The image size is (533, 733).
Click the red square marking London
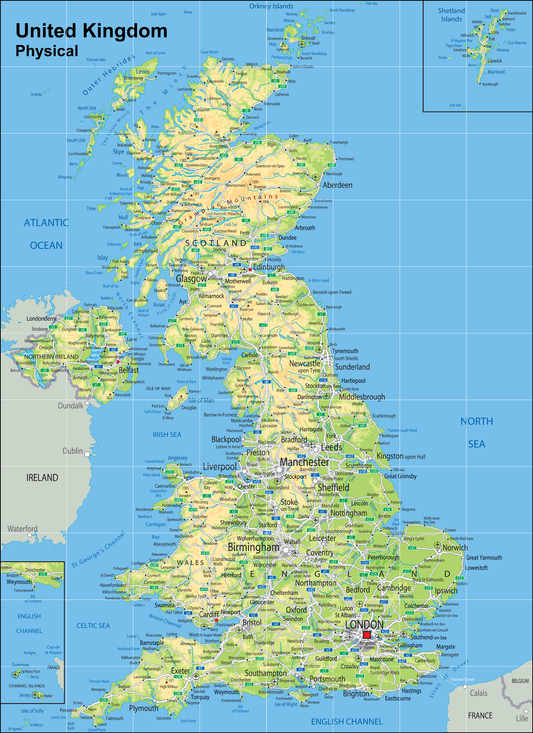[367, 634]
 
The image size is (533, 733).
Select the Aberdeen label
[338, 185]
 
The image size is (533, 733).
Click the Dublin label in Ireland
[73, 451]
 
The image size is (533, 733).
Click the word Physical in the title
[46, 50]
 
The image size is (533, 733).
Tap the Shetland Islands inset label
[451, 14]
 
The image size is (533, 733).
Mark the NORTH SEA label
[476, 431]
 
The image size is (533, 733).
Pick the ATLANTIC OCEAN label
[45, 233]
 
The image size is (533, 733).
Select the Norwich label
[455, 547]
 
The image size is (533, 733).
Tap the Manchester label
[304, 463]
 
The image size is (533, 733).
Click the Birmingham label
[252, 548]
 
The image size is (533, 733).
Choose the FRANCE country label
[480, 715]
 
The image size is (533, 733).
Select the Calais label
[480, 692]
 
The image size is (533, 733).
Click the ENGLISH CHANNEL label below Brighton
[346, 721]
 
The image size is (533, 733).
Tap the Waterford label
[22, 528]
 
